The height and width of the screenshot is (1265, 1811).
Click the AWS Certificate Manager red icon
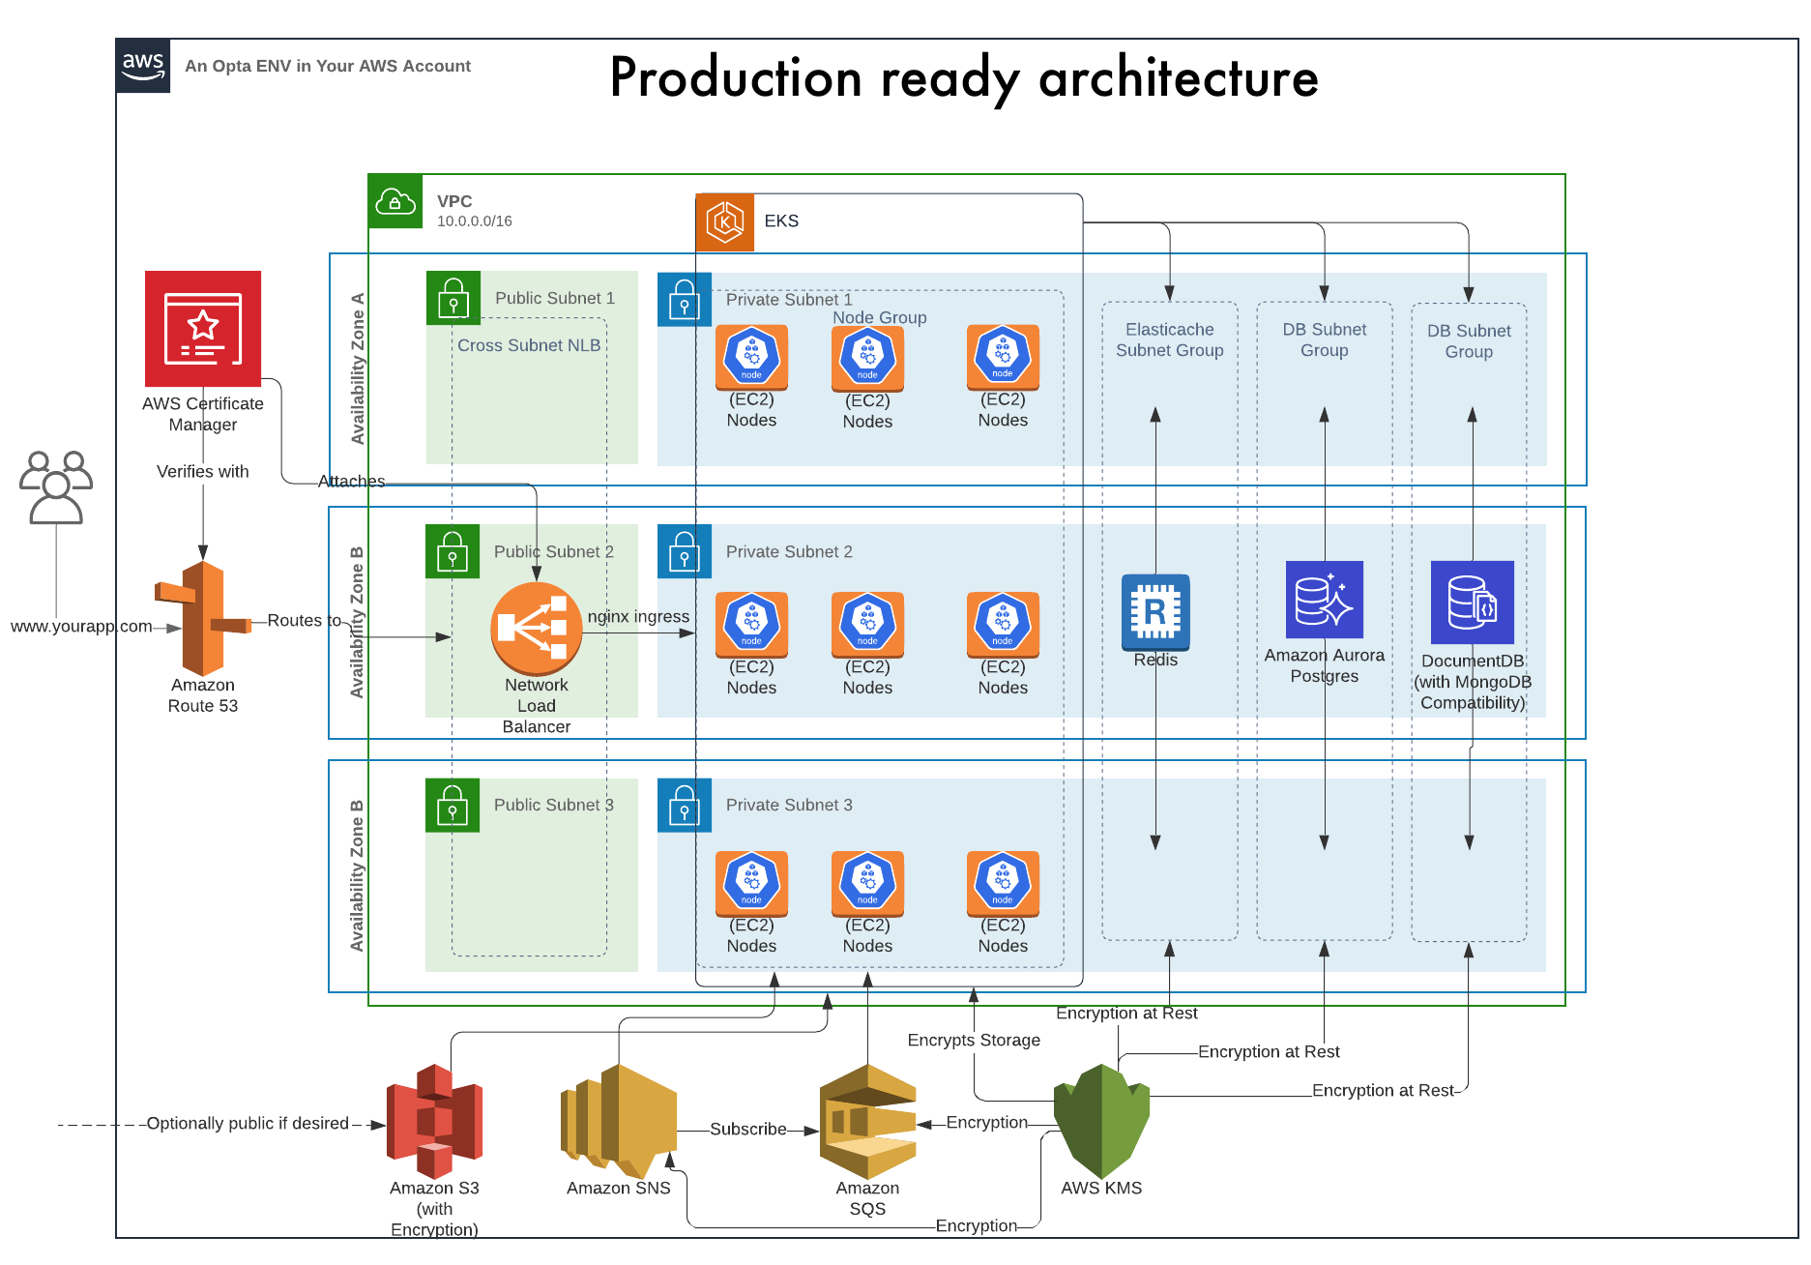(x=203, y=329)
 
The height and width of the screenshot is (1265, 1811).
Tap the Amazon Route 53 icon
(x=203, y=619)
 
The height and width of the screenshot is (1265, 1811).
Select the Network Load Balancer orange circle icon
(x=537, y=629)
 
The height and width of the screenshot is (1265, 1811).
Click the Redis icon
(x=1155, y=612)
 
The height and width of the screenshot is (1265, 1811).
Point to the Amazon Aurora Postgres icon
(x=1324, y=600)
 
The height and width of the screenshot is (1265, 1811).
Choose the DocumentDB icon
(x=1472, y=603)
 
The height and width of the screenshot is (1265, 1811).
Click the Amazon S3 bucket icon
(x=434, y=1121)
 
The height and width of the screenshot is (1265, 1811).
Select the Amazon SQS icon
(x=867, y=1121)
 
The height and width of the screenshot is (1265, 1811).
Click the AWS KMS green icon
(x=1101, y=1121)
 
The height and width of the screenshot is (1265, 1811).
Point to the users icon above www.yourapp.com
(x=56, y=487)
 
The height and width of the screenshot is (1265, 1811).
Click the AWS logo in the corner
(x=143, y=66)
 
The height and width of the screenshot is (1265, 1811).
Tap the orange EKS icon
(x=725, y=222)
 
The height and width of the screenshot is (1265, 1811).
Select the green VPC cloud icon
(x=395, y=201)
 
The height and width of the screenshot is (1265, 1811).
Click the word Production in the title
(x=736, y=78)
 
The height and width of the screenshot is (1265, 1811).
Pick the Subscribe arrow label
(x=747, y=1130)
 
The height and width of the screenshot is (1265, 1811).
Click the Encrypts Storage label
(x=974, y=1041)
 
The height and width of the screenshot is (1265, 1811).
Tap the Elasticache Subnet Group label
(x=1169, y=340)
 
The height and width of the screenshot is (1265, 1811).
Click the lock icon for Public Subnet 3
(x=453, y=806)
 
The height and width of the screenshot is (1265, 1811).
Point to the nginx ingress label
(x=638, y=617)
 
